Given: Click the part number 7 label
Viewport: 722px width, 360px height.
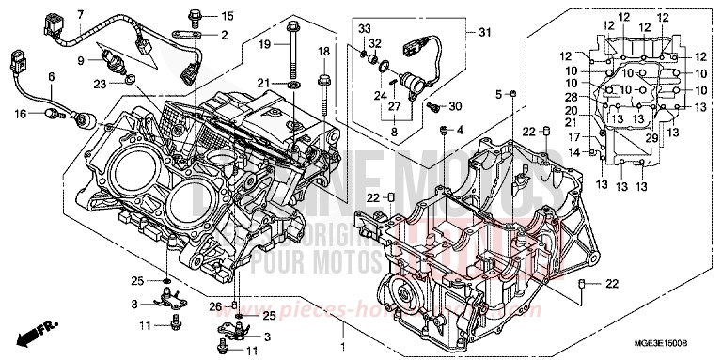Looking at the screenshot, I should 80,13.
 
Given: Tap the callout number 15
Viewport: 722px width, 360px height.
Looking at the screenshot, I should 226,16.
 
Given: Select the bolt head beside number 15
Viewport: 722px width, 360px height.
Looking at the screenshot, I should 194,14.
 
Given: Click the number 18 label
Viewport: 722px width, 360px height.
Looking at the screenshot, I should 324,51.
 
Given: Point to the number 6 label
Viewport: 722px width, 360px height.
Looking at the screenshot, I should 52,76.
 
